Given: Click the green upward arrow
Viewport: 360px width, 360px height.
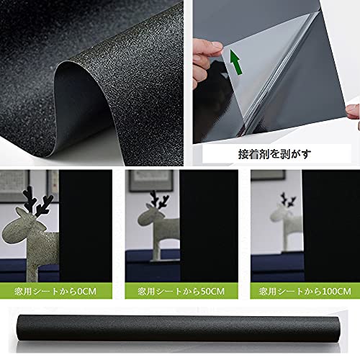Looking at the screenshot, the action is click(x=236, y=62).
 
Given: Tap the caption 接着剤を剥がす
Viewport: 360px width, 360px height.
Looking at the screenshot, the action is click(x=274, y=154).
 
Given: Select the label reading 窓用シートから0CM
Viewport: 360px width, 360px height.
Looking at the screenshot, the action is click(x=55, y=292).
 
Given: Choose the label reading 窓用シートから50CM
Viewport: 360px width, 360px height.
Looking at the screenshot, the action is click(x=181, y=292).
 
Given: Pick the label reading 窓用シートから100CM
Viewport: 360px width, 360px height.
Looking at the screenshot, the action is click(x=305, y=292).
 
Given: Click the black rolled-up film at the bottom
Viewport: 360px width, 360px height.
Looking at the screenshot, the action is click(x=179, y=328).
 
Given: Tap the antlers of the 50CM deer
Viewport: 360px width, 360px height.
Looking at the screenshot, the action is click(x=159, y=199).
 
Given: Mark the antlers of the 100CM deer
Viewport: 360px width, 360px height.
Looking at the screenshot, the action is click(x=288, y=199).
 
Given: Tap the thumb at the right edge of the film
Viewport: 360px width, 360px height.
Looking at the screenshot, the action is click(x=354, y=112).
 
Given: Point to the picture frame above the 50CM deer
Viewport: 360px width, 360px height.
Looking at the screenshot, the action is click(x=151, y=181).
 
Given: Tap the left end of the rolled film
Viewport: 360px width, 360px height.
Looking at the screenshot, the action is click(x=21, y=328).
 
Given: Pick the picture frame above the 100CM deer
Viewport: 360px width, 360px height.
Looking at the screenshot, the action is click(x=269, y=175).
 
